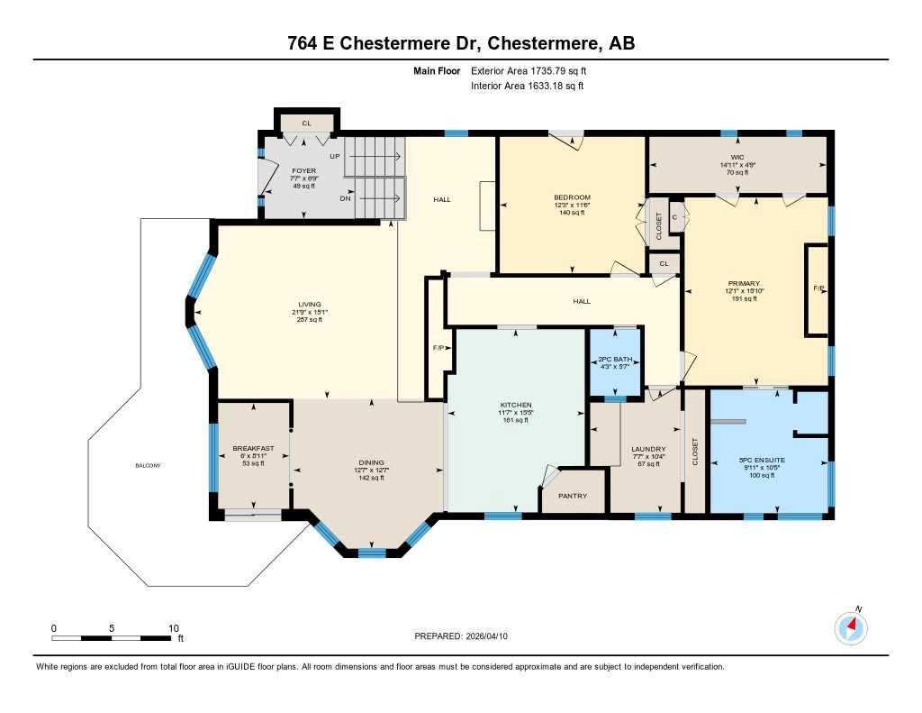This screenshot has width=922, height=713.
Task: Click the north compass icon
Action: pos(851,627)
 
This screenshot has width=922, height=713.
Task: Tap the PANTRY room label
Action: pos(573,496)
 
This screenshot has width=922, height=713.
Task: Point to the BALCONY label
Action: pos(148,465)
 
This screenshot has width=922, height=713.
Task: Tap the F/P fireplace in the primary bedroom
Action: pos(818,289)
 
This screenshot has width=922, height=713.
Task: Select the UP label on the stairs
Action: pos(334,156)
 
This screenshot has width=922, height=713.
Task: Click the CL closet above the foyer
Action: pos(306,123)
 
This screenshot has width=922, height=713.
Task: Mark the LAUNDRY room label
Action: pos(648,449)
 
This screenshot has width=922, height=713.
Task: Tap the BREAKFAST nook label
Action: pos(252,448)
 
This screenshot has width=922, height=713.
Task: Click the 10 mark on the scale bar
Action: pos(174,628)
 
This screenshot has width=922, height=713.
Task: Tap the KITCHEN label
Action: pos(516,405)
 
